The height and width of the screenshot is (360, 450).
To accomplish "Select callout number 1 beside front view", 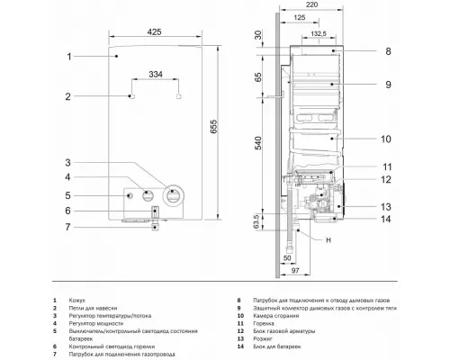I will pos(67,56).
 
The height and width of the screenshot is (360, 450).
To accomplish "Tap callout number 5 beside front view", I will pos(67,195).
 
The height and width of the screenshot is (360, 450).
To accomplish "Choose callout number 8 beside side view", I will pos(388,52).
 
